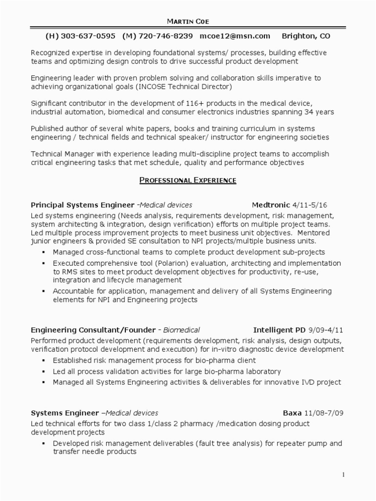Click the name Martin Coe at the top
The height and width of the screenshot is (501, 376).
(x=188, y=22)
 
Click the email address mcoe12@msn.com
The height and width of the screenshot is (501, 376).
(x=235, y=36)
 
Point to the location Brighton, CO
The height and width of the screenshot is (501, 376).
(x=306, y=36)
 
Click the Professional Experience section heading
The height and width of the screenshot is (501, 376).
(x=188, y=181)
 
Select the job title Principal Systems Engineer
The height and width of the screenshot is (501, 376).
(x=82, y=205)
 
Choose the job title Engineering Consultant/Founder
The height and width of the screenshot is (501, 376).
(x=93, y=330)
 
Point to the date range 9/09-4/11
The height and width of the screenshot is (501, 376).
(x=325, y=330)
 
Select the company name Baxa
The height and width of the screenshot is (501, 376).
(x=292, y=413)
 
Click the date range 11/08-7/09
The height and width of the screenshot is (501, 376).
(x=324, y=413)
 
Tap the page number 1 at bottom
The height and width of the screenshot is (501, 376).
(x=344, y=475)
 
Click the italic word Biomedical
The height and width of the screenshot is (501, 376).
(x=181, y=330)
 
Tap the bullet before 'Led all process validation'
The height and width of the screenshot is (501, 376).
(x=43, y=372)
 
